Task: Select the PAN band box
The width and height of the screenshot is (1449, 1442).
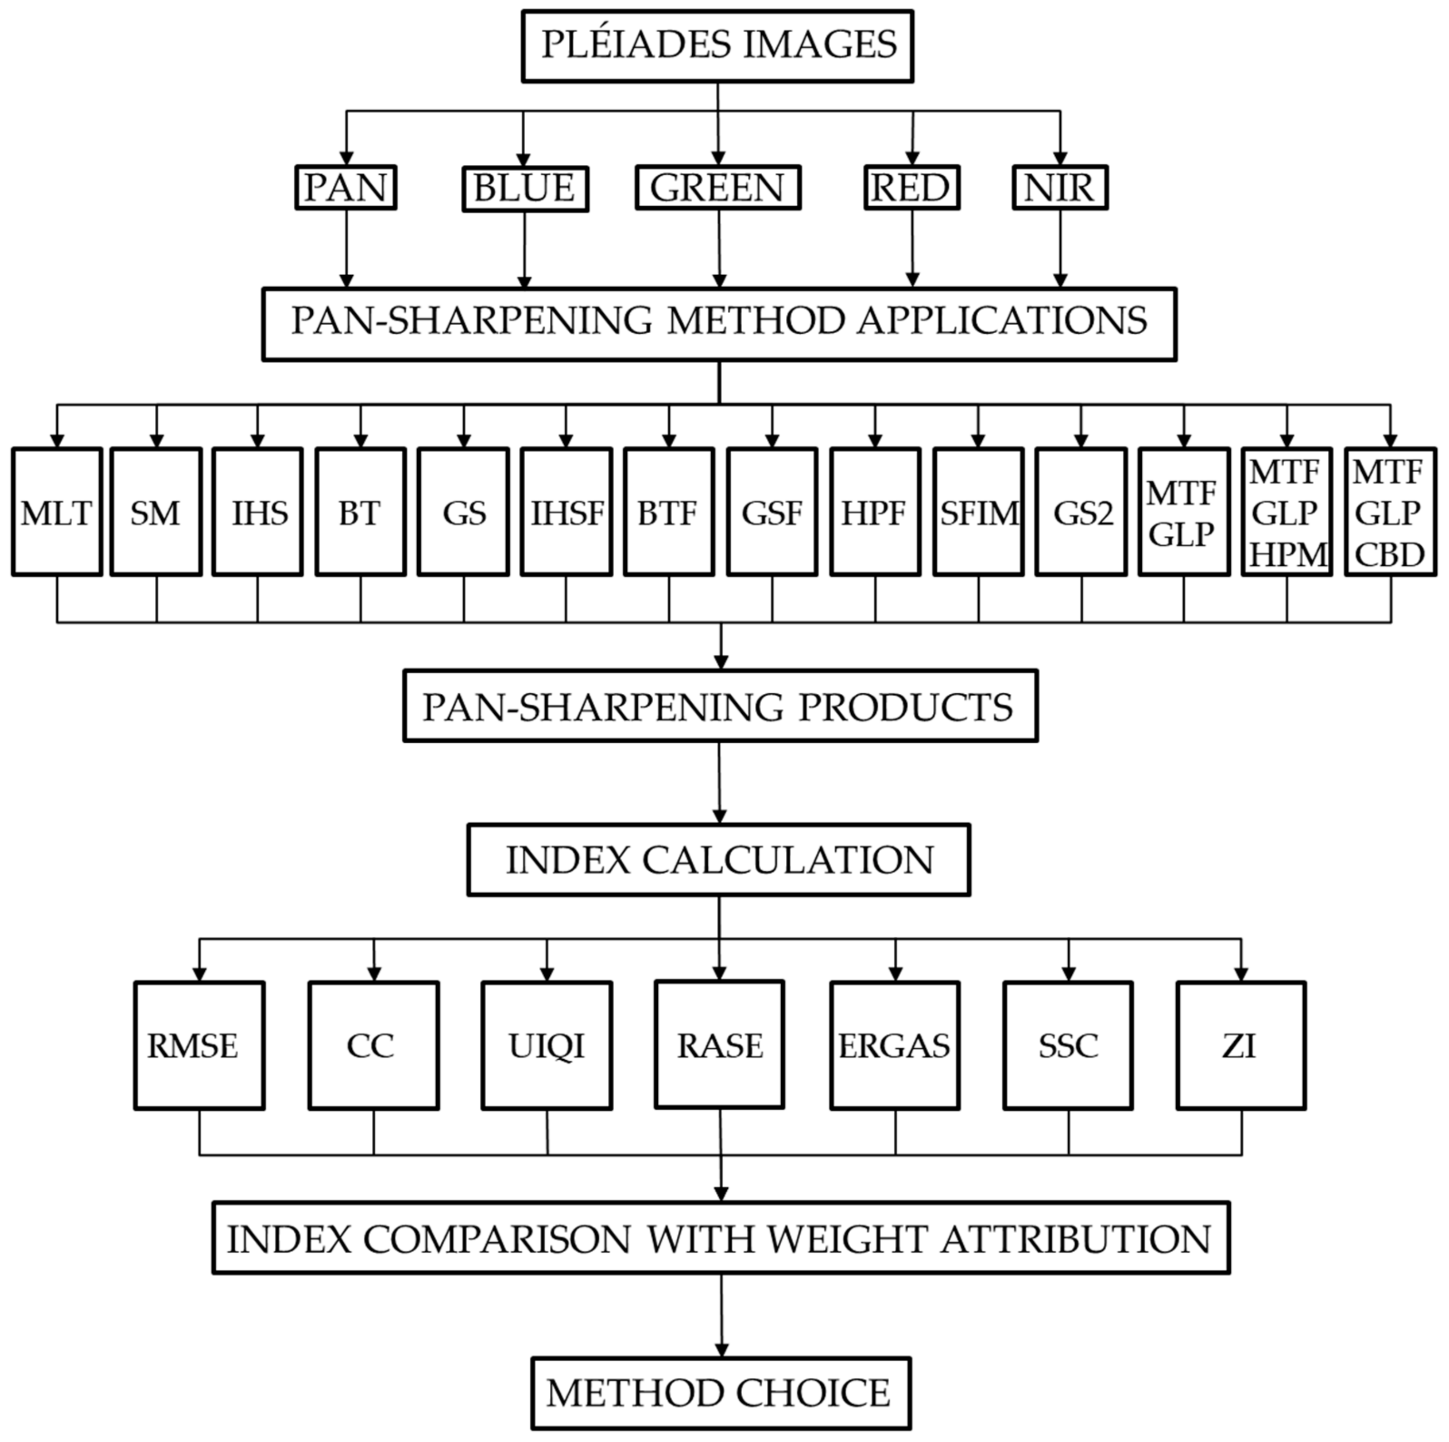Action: coord(346,188)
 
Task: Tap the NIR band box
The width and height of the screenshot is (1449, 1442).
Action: coord(1060,188)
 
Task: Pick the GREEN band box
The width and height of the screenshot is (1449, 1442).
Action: coord(718,188)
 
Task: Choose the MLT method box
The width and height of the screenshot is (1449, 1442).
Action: coord(57,513)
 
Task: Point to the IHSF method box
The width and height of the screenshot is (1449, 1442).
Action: coord(566,513)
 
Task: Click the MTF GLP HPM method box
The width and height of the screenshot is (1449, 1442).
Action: coord(1287,513)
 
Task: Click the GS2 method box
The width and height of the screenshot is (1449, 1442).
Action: coord(1081,513)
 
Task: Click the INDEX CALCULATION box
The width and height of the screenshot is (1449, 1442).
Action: coord(719,860)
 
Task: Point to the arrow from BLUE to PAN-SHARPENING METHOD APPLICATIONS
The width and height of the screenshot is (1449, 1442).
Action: coord(524,247)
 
